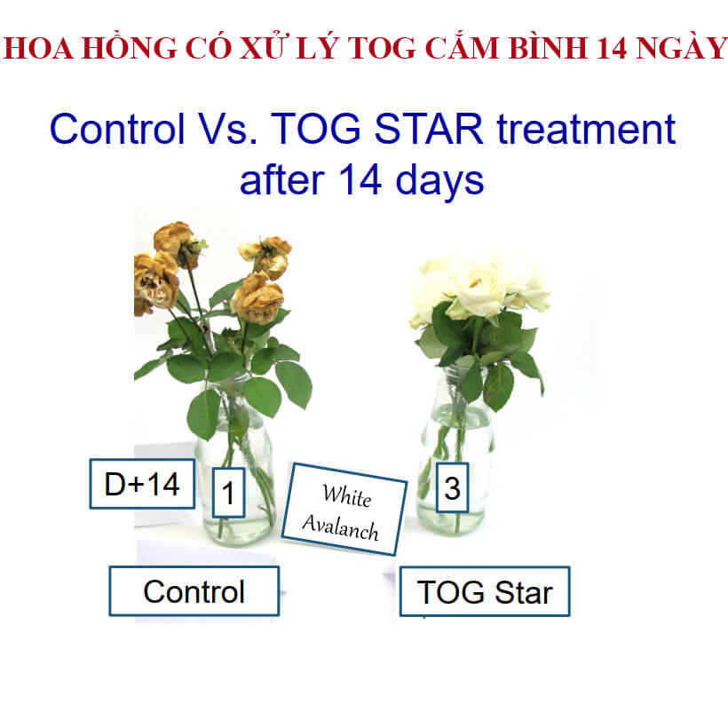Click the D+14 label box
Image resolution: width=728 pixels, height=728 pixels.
tap(142, 484)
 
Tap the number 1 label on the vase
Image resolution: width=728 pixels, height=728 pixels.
tap(228, 492)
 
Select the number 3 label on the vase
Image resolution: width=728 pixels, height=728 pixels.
tap(452, 487)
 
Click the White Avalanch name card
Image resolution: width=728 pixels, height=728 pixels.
tap(344, 510)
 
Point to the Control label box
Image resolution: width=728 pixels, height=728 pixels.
tap(194, 591)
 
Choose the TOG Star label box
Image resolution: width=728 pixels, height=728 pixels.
tap(485, 591)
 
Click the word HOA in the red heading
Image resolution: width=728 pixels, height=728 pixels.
tap(38, 48)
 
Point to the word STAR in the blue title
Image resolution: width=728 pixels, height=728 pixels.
tap(429, 129)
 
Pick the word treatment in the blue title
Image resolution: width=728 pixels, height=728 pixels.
tap(586, 129)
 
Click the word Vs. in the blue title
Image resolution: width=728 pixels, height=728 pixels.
tap(228, 129)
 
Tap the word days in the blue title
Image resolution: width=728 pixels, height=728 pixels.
tap(439, 180)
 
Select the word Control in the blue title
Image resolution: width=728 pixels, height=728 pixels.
tap(117, 129)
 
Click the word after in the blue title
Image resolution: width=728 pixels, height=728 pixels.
tap(281, 179)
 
